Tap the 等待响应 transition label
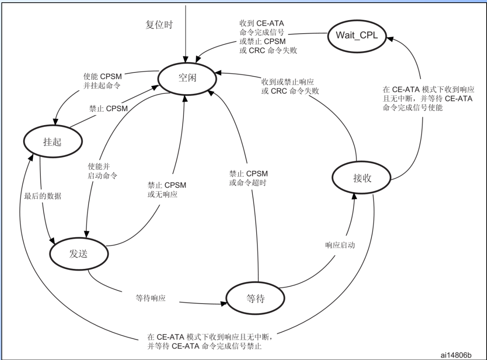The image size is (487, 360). (x=151, y=297)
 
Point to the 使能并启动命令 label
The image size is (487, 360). (x=102, y=172)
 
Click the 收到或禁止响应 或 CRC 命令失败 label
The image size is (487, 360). (x=290, y=87)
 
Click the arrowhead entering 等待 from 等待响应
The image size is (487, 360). (x=225, y=304)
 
